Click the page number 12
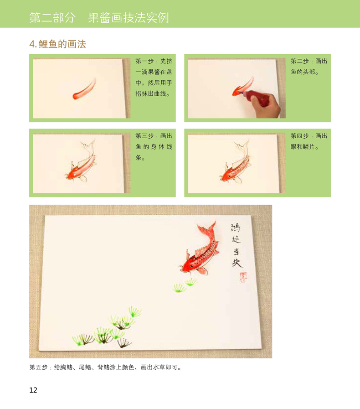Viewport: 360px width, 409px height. [33, 390]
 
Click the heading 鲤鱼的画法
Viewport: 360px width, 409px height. [62, 44]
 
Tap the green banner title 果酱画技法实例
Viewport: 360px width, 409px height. [128, 18]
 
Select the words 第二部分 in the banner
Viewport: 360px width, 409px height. [52, 18]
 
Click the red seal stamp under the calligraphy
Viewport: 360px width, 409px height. [243, 277]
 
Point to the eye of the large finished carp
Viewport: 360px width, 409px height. [192, 266]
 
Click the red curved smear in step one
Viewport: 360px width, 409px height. [84, 89]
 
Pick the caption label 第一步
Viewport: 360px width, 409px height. [144, 61]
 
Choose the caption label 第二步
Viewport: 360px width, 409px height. [300, 61]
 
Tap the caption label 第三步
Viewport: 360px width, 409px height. [144, 136]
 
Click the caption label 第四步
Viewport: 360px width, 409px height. [300, 136]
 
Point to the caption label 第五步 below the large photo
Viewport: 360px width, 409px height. [38, 367]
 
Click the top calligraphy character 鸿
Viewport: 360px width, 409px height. [236, 228]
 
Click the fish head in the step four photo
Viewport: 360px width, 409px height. [226, 176]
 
